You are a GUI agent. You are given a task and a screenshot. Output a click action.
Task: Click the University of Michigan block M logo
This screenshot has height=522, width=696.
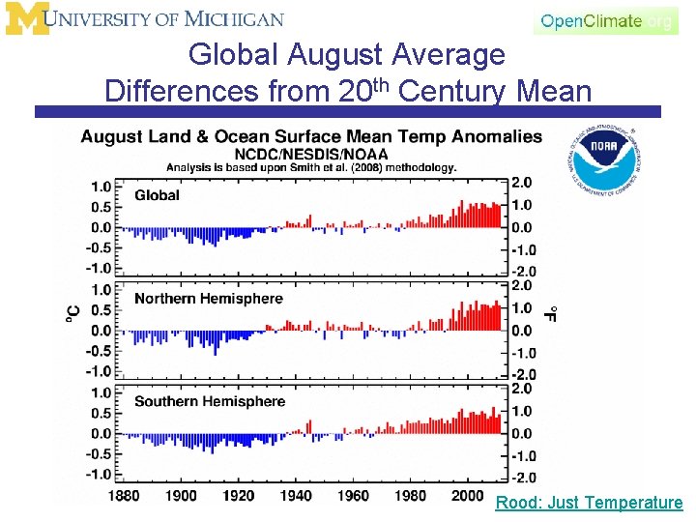[x=25, y=18]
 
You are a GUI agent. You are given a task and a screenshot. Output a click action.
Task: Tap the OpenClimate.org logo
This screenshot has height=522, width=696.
[x=606, y=20]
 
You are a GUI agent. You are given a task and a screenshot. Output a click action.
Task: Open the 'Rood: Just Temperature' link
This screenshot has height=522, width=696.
[x=589, y=503]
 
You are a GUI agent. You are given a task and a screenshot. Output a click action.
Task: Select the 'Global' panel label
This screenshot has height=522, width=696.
[x=157, y=195]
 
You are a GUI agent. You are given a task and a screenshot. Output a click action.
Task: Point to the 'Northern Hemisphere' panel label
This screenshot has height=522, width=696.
[x=208, y=299]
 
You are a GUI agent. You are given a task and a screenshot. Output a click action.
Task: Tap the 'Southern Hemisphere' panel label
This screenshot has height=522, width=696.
[x=210, y=401]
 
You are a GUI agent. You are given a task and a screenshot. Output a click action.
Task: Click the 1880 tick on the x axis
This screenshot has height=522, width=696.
[x=124, y=496]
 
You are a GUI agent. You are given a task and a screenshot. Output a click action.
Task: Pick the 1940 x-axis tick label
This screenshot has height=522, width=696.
[x=297, y=496]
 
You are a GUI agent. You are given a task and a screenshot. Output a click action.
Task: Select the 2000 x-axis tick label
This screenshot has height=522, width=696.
[x=468, y=496]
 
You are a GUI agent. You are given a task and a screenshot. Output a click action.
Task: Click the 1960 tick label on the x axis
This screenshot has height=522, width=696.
[x=354, y=496]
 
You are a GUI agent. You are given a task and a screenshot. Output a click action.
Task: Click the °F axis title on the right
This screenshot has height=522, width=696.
[x=550, y=314]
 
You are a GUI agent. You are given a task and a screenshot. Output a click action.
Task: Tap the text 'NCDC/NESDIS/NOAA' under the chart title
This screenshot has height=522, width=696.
[x=311, y=154]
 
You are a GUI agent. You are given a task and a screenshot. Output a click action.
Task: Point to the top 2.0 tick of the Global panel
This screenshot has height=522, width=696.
[x=522, y=183]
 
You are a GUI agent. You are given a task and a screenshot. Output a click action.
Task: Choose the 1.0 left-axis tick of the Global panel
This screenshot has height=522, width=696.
[x=101, y=187]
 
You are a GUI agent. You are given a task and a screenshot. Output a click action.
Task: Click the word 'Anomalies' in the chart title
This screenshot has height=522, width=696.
[x=489, y=137]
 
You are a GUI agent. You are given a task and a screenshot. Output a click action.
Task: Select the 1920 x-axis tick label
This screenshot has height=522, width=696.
[x=239, y=496]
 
